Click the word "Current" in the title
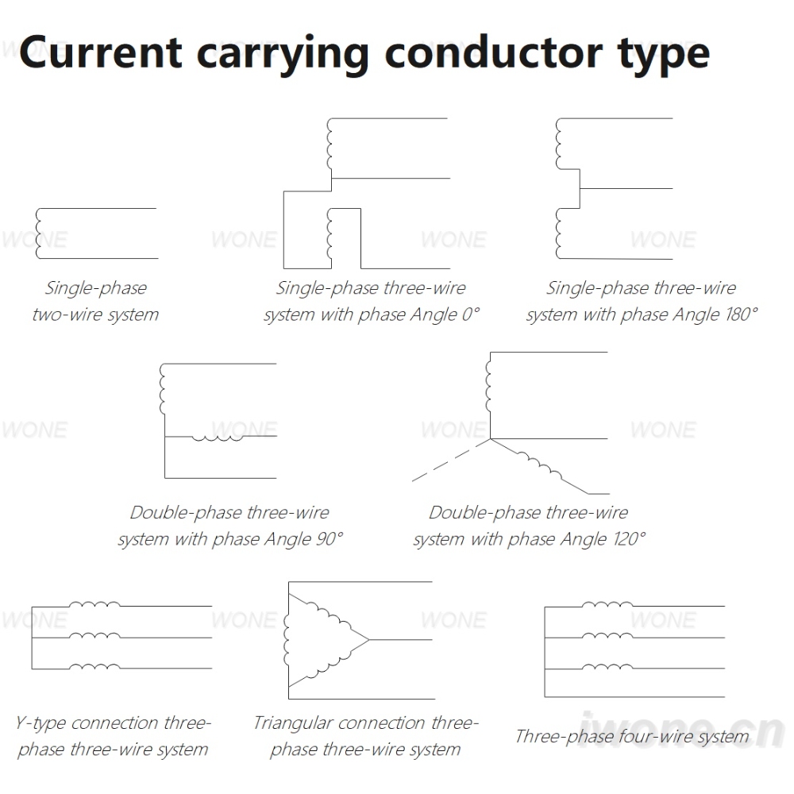[x=100, y=52]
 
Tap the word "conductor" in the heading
[x=494, y=52]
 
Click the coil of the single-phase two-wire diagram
[x=38, y=233]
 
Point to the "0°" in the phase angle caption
[x=470, y=314]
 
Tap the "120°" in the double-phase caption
[x=630, y=538]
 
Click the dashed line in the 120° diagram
[x=451, y=460]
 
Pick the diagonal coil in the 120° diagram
[x=539, y=464]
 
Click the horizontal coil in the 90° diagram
[x=218, y=437]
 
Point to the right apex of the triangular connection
[x=369, y=640]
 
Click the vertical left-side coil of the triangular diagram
[x=287, y=640]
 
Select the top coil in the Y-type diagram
[x=94, y=603]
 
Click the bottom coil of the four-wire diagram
[x=607, y=667]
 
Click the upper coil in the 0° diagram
[x=330, y=145]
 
